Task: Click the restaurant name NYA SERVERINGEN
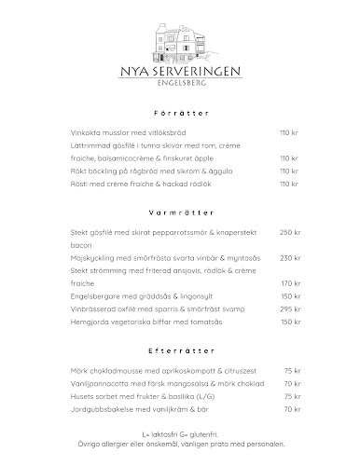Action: [179, 71]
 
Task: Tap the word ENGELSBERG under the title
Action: [179, 84]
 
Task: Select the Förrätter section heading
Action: [179, 113]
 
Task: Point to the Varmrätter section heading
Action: [179, 212]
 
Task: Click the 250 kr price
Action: [291, 231]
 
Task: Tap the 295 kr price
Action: [291, 308]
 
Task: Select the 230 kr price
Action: [291, 257]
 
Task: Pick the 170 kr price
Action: [291, 282]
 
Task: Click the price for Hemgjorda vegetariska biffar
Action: [291, 321]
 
